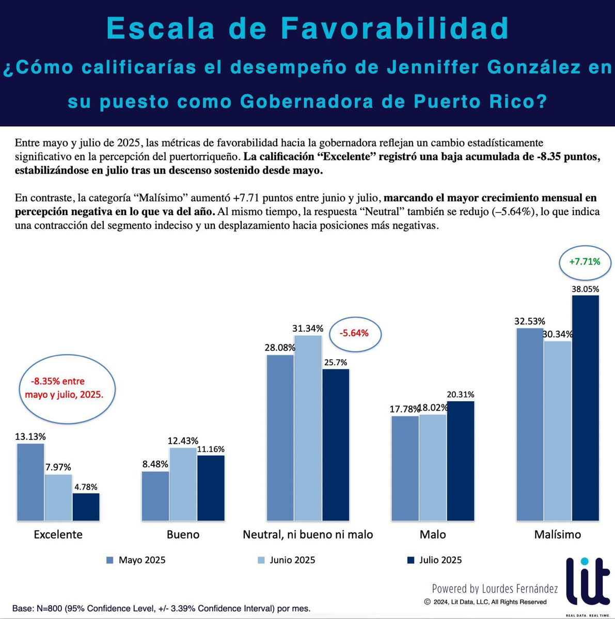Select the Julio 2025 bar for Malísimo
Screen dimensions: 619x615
pos(586,408)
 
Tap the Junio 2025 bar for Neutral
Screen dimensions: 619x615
pos(308,428)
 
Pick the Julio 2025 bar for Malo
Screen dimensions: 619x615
pos(460,461)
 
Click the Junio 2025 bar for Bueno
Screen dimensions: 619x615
pos(183,484)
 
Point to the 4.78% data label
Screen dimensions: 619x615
pos(86,486)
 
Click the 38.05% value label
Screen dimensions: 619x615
pos(585,289)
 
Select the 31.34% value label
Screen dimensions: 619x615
pos(308,329)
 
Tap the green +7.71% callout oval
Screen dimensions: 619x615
pos(585,262)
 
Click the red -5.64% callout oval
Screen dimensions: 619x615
pos(354,333)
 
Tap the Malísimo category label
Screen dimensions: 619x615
pos(557,534)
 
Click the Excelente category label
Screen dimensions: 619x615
pos(58,534)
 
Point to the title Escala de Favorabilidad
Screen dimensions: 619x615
pos(308,28)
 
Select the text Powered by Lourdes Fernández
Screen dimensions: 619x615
pos(495,589)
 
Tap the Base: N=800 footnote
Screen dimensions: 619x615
pos(161,608)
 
